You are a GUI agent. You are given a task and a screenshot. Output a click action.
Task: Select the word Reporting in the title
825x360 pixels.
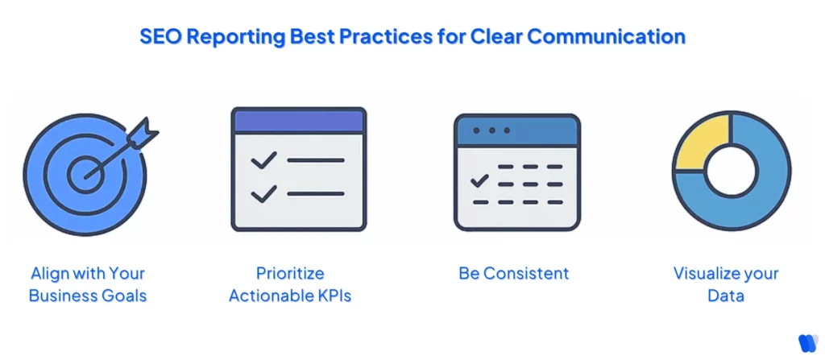pos(230,36)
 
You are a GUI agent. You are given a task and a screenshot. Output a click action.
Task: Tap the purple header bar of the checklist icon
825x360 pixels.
pos(298,121)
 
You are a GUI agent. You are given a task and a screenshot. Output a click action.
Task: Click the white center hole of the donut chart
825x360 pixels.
pos(731,172)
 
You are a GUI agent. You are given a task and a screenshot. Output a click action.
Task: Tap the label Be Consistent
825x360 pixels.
pos(514,273)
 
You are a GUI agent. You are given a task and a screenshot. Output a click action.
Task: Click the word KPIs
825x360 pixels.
pos(332,296)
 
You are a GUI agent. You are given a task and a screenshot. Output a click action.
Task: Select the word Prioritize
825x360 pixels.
pos(290,273)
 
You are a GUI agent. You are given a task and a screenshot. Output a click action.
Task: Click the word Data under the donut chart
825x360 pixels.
pos(725,296)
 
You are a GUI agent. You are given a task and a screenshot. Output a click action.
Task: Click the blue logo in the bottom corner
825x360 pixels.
pos(806,341)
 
